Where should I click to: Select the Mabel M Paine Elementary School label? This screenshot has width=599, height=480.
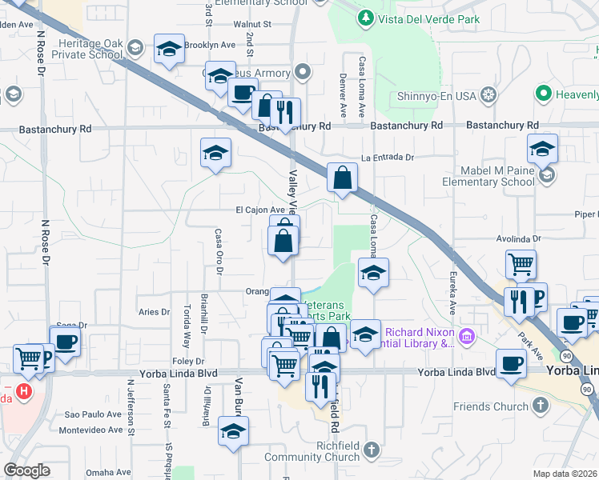tap(488, 176)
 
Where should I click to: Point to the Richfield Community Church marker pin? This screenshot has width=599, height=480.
tap(370, 450)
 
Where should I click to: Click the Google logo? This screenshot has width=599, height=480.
tap(26, 470)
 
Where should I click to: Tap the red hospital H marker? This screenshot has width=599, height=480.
tap(24, 392)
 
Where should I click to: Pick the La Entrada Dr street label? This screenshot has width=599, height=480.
tap(387, 158)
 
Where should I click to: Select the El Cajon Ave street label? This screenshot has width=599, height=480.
tap(259, 210)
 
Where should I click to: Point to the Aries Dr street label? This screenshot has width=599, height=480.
tap(155, 312)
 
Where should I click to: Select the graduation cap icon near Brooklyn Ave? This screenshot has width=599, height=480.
tap(168, 49)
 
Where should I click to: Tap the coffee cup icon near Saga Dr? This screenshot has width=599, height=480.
tap(65, 341)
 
